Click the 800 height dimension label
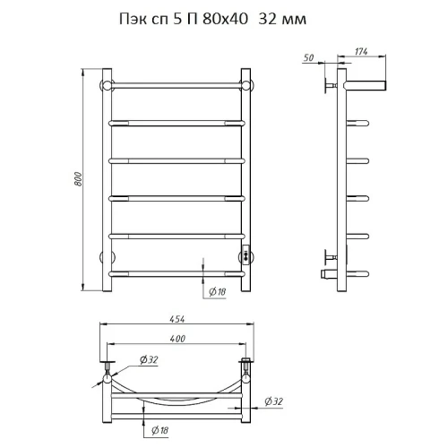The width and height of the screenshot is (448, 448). [78, 179]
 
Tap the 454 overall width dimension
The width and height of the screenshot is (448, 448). [177, 319]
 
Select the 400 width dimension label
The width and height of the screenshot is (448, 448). [177, 339]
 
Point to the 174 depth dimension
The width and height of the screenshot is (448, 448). [361, 52]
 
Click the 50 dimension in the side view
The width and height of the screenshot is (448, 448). [308, 57]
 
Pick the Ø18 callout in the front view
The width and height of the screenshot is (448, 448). [217, 291]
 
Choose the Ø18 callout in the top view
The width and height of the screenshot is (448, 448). [159, 430]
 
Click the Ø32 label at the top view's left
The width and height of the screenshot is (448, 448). [149, 360]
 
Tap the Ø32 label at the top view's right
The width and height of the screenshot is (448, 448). [273, 401]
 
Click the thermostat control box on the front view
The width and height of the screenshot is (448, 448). [246, 254]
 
